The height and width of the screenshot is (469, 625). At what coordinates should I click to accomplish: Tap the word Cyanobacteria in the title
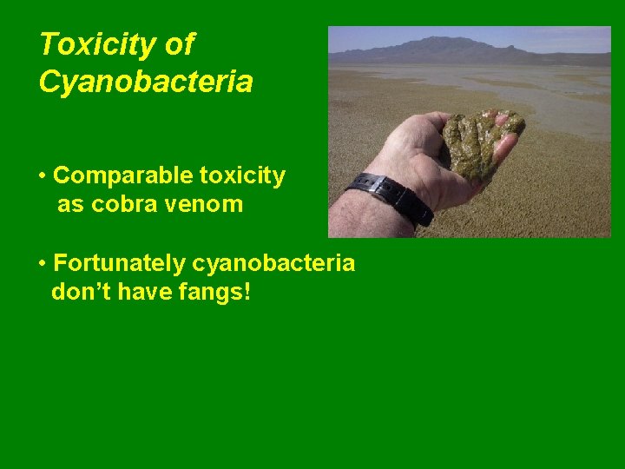[146, 82]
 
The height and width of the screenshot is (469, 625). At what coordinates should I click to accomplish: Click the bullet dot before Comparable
[43, 176]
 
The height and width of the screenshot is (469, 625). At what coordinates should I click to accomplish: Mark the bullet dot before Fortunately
[43, 263]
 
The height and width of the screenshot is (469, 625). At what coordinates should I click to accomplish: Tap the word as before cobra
[69, 205]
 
